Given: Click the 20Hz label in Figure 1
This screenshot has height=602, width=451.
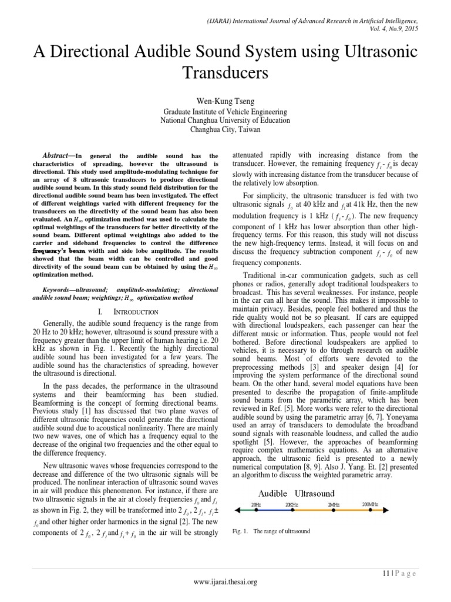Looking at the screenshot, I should [256, 504].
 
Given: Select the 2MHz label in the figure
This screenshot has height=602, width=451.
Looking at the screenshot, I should [333, 504].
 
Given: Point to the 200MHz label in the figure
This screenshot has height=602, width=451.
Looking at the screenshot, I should [371, 504].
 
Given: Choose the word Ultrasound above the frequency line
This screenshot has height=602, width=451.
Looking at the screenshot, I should [314, 493].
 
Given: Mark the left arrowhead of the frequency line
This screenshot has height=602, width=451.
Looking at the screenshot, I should [236, 512].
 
